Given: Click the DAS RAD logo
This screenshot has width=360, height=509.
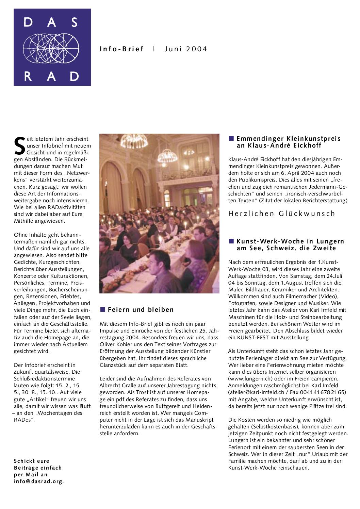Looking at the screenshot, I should click(52, 47).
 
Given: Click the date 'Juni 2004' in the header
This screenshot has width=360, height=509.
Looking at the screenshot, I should click(186, 49).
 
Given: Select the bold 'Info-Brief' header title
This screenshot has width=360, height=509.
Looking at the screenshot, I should click(121, 49).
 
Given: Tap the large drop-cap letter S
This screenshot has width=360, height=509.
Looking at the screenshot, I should click(20, 145).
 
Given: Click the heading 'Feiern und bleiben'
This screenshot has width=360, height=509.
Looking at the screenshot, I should click(141, 310).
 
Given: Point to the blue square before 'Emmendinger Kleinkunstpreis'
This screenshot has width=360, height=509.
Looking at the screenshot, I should click(231, 138).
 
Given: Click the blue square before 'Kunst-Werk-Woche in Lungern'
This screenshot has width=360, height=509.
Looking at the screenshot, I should click(231, 241).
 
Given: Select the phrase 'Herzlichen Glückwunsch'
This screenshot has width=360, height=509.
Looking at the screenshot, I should click(282, 214).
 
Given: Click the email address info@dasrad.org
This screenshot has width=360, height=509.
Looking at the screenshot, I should click(39, 481).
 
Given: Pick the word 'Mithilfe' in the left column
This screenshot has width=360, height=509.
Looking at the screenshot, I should click(24, 221).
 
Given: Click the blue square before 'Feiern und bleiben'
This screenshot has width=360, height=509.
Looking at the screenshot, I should click(102, 309).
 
